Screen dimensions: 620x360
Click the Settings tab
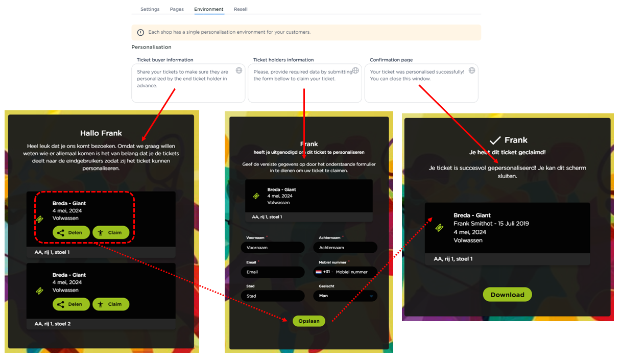click(x=150, y=9)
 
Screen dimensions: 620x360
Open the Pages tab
click(x=177, y=9)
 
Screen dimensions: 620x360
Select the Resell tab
click(x=241, y=9)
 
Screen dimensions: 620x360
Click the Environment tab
click(x=209, y=9)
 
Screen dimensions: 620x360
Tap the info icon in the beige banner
click(x=140, y=32)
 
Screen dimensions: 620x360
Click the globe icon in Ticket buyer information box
click(x=239, y=70)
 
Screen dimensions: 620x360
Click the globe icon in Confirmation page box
click(x=472, y=70)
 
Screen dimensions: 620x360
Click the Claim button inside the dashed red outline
click(x=111, y=232)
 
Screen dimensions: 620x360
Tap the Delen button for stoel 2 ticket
click(x=71, y=304)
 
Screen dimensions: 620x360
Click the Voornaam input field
click(x=273, y=247)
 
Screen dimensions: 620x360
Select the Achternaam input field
click(x=345, y=247)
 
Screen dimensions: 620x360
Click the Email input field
click(x=273, y=272)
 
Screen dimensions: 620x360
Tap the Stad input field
click(x=273, y=296)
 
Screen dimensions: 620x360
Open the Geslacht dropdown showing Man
click(x=345, y=296)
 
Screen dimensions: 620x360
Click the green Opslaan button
click(x=309, y=321)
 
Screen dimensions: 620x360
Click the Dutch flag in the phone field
click(x=319, y=272)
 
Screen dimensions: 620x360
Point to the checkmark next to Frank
click(x=495, y=140)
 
